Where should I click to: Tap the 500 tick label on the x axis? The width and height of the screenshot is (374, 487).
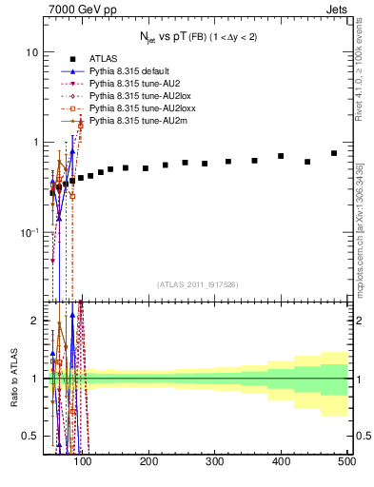347,461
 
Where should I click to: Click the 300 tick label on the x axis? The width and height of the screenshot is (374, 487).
215,461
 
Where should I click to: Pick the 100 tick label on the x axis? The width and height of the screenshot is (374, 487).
83,461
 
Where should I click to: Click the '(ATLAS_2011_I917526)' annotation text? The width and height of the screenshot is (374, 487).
198,285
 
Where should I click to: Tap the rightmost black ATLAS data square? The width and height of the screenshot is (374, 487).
334,153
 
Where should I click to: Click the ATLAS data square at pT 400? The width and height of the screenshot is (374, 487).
281,156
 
